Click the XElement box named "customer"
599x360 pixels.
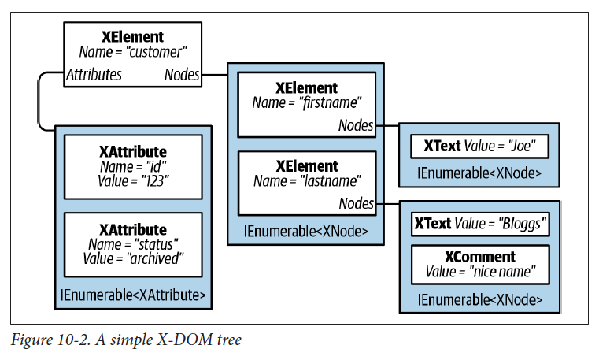[x=132, y=53]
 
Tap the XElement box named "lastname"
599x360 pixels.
[x=306, y=180]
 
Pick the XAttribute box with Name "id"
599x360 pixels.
[x=132, y=166]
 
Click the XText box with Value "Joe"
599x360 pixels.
[x=479, y=147]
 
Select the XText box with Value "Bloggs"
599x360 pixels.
[x=480, y=224]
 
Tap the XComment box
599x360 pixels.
[x=480, y=265]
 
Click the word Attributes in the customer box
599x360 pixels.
[x=94, y=75]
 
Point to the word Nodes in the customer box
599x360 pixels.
[x=181, y=75]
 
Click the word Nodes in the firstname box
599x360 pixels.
[x=356, y=124]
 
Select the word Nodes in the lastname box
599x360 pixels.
[x=356, y=203]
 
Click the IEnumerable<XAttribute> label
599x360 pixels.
[x=133, y=295]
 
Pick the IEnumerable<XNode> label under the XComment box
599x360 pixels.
[x=480, y=300]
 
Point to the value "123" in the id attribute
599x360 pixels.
[x=154, y=181]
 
